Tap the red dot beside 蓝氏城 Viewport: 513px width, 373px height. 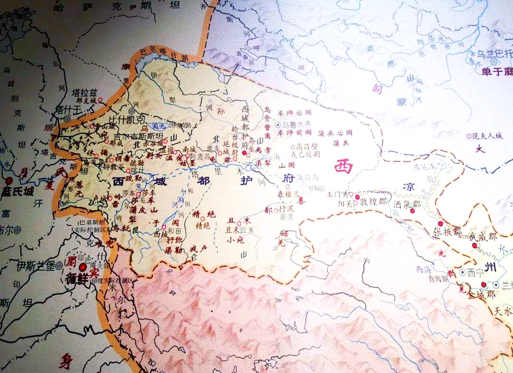pos(9,181)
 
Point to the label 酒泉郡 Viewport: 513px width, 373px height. pos(407,203)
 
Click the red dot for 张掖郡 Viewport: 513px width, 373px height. pos(440,223)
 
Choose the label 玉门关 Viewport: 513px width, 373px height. pos(338,195)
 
